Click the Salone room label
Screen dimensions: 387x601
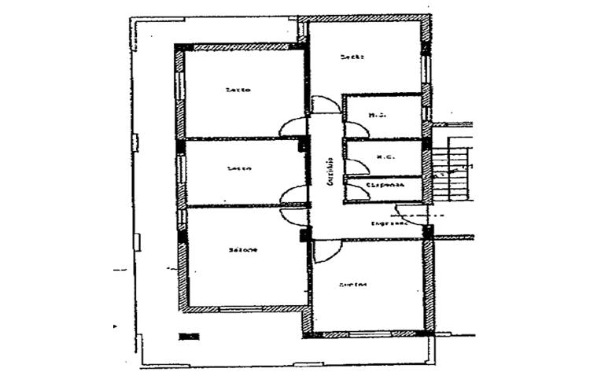243,250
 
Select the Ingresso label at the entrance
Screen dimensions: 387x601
389,223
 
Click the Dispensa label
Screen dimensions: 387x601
386,186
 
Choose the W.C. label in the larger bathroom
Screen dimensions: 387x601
377,116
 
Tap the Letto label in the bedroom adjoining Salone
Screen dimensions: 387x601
238,168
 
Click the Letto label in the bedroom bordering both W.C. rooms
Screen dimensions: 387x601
351,57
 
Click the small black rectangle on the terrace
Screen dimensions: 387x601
189,337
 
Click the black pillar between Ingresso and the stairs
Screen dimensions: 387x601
428,232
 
